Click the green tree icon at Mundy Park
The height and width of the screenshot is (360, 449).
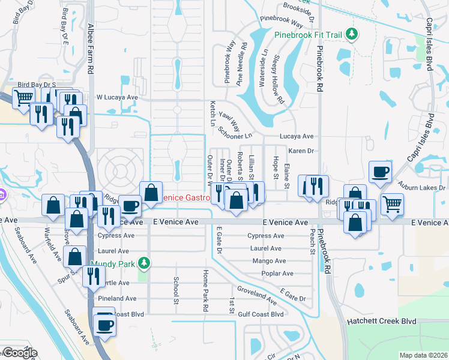pyautogui.click(x=144, y=263)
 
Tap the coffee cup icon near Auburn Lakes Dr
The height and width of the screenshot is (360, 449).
pyautogui.click(x=381, y=172)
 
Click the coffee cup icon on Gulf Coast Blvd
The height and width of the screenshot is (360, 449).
pyautogui.click(x=105, y=325)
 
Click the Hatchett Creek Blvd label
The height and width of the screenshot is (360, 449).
pyautogui.click(x=382, y=322)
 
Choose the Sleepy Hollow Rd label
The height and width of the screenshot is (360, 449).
pyautogui.click(x=278, y=79)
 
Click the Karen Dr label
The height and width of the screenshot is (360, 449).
pyautogui.click(x=301, y=151)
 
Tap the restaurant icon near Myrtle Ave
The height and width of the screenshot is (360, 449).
pyautogui.click(x=93, y=275)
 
